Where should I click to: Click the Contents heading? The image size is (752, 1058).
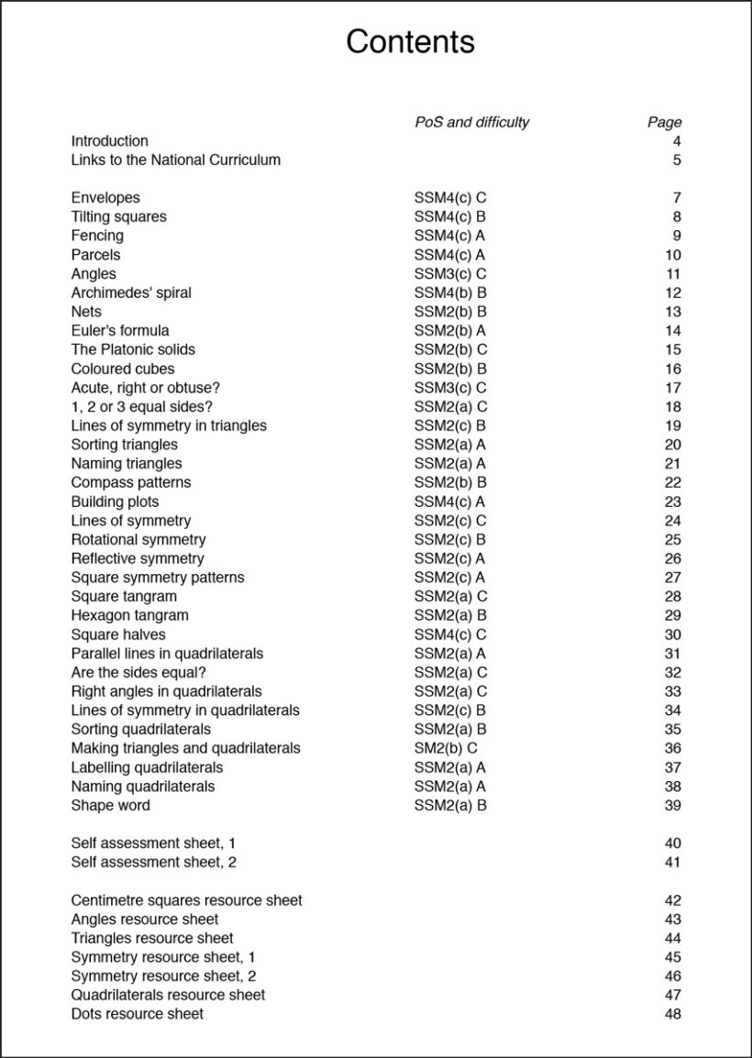[410, 42]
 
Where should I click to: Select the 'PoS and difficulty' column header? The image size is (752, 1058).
[471, 122]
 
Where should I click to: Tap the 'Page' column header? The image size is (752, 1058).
[664, 122]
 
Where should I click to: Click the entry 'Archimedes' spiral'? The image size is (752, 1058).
[131, 292]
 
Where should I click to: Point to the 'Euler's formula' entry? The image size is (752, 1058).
[120, 330]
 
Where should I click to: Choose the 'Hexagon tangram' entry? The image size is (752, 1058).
[129, 615]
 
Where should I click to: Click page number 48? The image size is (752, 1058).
[672, 1014]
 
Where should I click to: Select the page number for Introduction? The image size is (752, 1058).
[676, 141]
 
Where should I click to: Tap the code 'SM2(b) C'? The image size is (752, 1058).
[446, 748]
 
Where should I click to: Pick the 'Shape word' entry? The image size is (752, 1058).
[110, 805]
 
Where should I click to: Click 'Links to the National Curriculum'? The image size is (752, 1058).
[176, 160]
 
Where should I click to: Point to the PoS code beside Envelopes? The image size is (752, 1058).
[449, 197]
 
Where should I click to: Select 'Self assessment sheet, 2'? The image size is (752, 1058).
[154, 862]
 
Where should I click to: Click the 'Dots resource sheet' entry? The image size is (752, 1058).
[138, 1014]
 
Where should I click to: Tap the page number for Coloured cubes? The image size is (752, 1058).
[672, 369]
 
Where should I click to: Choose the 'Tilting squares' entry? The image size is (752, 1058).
[119, 216]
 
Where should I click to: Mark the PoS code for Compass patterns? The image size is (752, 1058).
[449, 482]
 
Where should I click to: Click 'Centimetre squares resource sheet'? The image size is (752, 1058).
[186, 900]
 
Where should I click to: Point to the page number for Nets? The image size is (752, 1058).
[672, 312]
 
